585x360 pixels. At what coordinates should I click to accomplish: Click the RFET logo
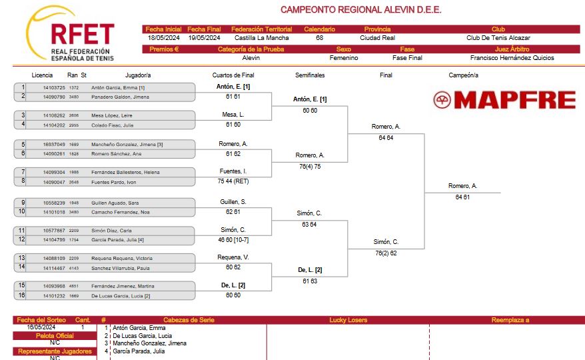70,33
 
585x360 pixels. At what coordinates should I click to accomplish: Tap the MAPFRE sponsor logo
504,100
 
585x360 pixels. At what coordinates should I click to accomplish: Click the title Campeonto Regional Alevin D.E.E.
360,10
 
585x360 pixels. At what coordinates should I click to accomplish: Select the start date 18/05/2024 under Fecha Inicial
163,38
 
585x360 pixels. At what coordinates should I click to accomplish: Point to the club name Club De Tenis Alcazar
498,38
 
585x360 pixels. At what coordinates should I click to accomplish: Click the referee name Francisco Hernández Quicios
512,58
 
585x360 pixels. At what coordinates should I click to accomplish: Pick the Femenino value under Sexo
344,58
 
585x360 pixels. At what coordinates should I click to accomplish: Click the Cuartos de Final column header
233,75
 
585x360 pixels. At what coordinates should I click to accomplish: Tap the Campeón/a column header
463,75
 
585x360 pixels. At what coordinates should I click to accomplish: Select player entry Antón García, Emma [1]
118,88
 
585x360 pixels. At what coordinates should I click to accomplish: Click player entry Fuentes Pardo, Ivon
114,182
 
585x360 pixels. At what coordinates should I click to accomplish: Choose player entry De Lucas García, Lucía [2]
121,296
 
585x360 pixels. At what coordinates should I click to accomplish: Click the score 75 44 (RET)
233,181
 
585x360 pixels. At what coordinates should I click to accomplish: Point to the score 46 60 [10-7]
233,240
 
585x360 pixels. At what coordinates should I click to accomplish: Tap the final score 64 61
462,197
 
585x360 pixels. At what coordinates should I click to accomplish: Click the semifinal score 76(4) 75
310,167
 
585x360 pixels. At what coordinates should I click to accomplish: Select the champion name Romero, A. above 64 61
462,185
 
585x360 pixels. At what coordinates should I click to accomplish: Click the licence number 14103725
54,88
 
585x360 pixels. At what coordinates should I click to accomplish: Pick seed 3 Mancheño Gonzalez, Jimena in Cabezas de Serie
150,343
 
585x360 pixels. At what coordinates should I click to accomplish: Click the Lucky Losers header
348,320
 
